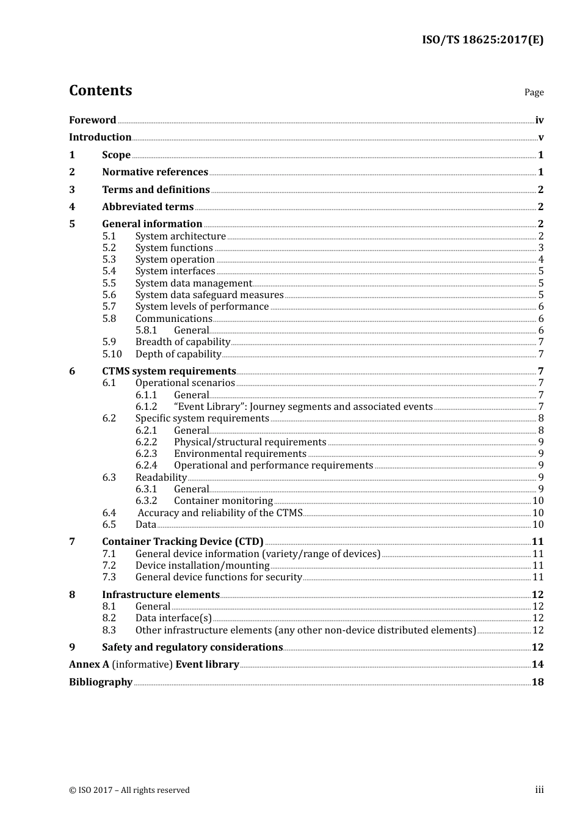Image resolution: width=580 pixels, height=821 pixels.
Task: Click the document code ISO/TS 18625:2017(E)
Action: click(482, 40)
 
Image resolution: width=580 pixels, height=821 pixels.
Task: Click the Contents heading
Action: click(100, 90)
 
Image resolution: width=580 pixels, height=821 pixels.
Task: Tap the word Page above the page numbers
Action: click(534, 92)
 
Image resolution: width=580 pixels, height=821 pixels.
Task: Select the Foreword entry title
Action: click(92, 120)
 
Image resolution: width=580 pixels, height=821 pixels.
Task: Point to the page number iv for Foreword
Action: click(539, 120)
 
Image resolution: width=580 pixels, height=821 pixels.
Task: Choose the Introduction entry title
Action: click(100, 137)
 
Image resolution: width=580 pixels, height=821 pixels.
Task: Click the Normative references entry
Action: click(155, 172)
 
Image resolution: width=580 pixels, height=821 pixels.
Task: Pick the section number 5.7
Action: click(109, 307)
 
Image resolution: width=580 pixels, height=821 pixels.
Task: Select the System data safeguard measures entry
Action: click(209, 295)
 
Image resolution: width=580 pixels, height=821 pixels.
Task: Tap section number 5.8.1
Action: click(147, 330)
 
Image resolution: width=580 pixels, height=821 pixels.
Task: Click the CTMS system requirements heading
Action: click(169, 371)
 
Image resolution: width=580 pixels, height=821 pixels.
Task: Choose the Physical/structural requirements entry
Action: click(250, 442)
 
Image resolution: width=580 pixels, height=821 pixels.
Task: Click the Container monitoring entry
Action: click(223, 501)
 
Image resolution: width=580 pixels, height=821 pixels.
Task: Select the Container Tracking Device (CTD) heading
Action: click(183, 542)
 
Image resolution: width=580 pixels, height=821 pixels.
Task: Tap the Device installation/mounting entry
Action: click(203, 566)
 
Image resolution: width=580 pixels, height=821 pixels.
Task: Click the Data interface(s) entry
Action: click(173, 618)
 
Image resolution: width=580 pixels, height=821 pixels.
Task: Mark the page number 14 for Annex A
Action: click(537, 665)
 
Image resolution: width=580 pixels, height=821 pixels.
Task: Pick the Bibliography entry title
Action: click(101, 682)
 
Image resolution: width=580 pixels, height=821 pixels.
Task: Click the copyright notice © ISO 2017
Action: click(129, 790)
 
